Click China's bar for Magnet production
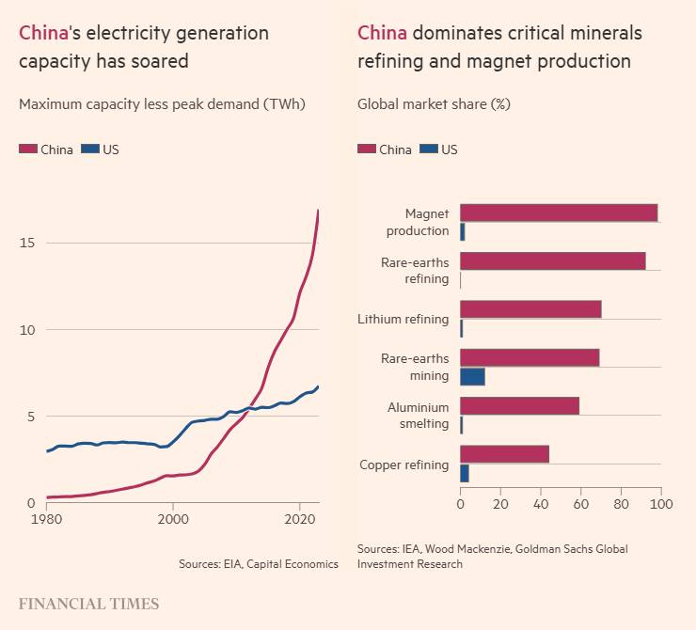[x=559, y=213]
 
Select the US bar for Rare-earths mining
[x=472, y=376]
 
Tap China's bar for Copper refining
[x=504, y=454]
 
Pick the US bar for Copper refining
[x=465, y=474]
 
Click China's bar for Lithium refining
[x=530, y=309]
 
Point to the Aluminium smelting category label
[x=418, y=416]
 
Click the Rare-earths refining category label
[x=415, y=271]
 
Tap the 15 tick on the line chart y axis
[x=27, y=243]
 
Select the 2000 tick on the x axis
[x=173, y=519]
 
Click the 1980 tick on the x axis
[x=47, y=519]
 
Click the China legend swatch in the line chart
[x=28, y=149]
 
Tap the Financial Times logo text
[x=88, y=605]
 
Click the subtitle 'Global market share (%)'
[x=434, y=103]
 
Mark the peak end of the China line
[x=319, y=210]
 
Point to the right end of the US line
[x=319, y=386]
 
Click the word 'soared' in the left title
[x=161, y=61]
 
